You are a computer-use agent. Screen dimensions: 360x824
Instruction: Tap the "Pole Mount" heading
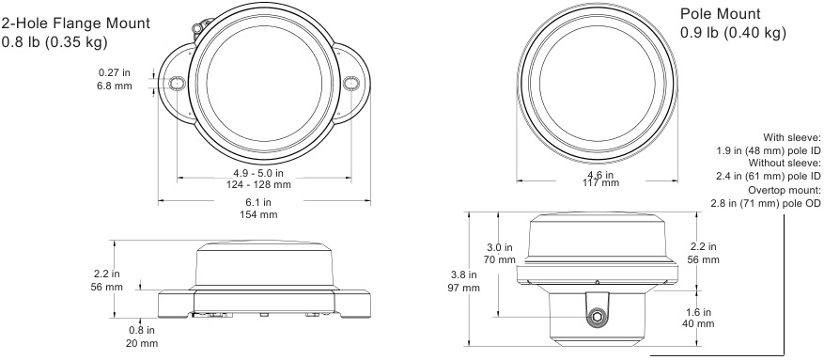[x=722, y=15]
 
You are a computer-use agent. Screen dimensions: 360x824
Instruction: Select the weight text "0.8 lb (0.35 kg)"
[x=55, y=41]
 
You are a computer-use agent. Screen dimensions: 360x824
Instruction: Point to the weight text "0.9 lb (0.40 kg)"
[x=733, y=34]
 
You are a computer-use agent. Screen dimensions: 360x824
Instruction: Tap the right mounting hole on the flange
[x=351, y=84]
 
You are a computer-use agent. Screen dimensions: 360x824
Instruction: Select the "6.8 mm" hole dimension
[x=117, y=86]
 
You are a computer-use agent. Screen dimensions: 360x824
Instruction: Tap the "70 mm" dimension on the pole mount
[x=500, y=258]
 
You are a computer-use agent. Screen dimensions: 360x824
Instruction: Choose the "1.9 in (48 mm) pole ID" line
[x=768, y=149]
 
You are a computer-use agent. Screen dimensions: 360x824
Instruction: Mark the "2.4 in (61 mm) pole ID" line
[x=768, y=175]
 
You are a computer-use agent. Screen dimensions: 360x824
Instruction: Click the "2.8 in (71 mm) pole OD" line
[x=767, y=201]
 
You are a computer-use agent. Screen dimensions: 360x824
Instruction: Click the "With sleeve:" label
[x=794, y=136]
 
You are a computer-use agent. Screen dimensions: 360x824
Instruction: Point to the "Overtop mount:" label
[x=786, y=188]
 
